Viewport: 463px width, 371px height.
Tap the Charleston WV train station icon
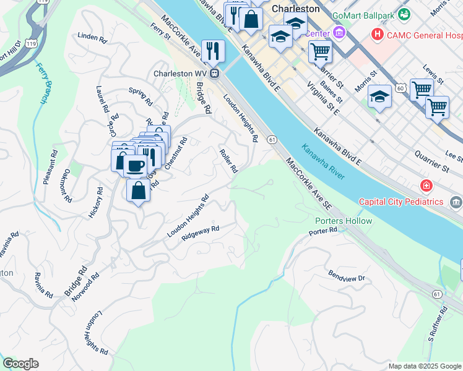215,73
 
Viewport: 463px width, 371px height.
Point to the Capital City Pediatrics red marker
426,185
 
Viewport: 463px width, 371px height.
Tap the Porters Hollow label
344,221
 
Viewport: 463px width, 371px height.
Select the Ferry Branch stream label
45,83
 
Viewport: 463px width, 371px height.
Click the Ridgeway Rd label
201,233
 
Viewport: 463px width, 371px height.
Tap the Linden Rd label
92,37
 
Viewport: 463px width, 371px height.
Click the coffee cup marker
136,166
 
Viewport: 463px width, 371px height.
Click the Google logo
20,364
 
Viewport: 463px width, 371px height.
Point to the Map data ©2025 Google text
424,366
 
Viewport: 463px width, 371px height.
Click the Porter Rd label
323,231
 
